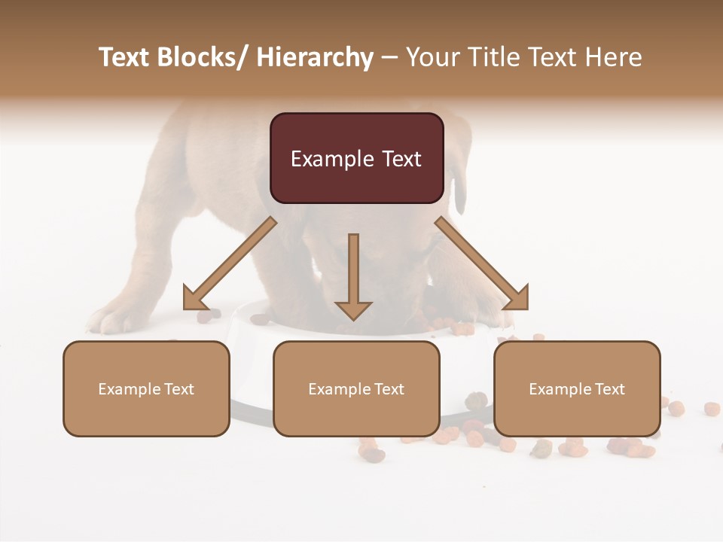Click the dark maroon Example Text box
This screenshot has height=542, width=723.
coord(356,158)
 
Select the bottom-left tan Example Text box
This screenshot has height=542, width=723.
coord(146,388)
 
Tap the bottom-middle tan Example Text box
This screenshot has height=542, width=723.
coord(356,388)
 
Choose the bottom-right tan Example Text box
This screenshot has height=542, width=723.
coord(577,388)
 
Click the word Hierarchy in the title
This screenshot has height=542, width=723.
coord(315,57)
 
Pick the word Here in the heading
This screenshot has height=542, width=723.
coord(615,57)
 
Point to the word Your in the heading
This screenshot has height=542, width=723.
coord(432,57)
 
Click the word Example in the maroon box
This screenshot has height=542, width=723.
coord(332,159)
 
